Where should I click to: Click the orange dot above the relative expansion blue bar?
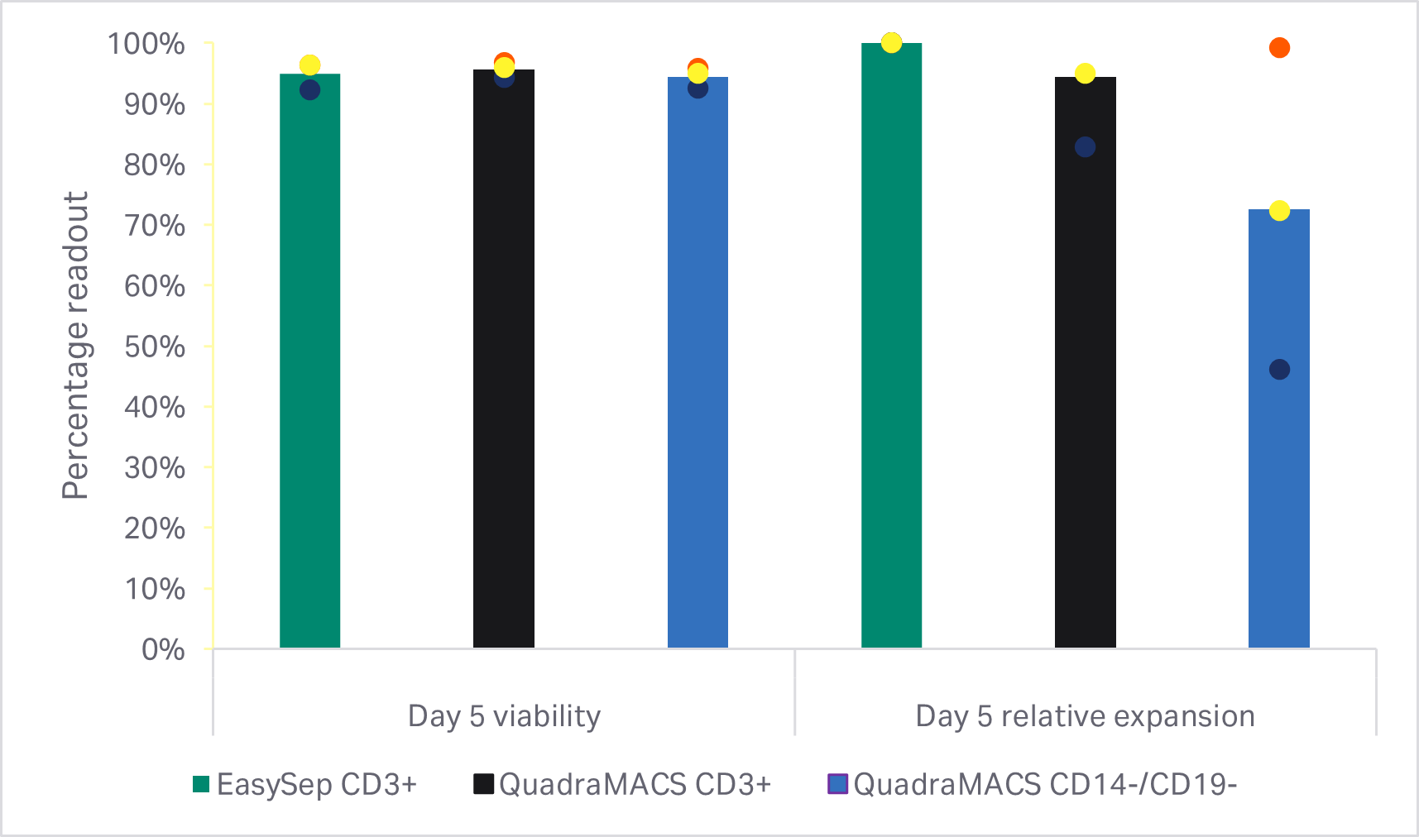click(x=1279, y=48)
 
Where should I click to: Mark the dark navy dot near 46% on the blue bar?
click(x=1279, y=370)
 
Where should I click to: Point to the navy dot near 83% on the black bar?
click(x=1085, y=147)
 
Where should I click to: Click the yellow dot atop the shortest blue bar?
click(x=1279, y=211)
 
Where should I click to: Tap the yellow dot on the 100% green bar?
click(x=891, y=42)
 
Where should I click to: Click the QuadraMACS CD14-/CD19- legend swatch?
click(x=838, y=784)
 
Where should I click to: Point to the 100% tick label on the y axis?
click(x=146, y=44)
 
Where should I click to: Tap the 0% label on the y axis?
click(x=163, y=650)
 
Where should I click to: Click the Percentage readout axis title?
click(x=75, y=346)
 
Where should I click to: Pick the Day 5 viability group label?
click(x=504, y=716)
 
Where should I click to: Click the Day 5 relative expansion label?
click(x=1085, y=716)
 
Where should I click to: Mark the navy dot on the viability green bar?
click(x=309, y=90)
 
